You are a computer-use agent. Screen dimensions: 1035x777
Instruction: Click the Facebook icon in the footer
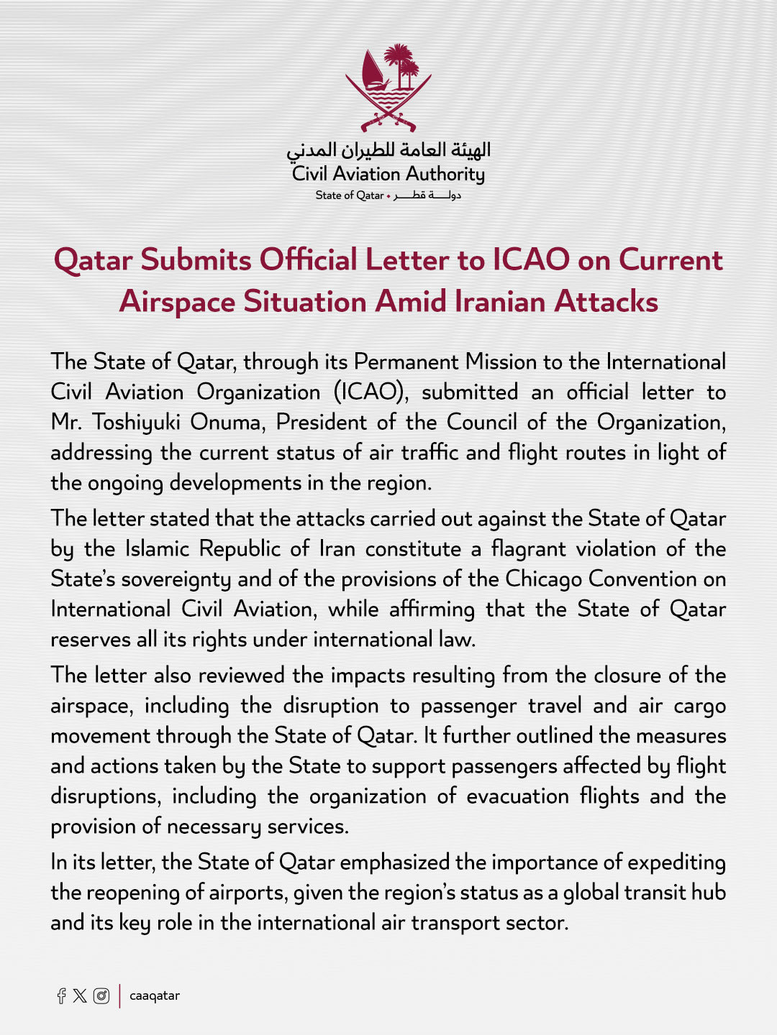(62, 995)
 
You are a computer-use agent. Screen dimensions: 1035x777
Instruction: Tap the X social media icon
(80, 995)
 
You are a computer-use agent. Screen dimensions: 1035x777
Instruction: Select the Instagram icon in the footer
(101, 995)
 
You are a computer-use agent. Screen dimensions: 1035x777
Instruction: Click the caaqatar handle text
(155, 996)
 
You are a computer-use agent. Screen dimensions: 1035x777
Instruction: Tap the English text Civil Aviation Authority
(388, 175)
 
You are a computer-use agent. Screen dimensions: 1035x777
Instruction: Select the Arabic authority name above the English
(388, 149)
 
